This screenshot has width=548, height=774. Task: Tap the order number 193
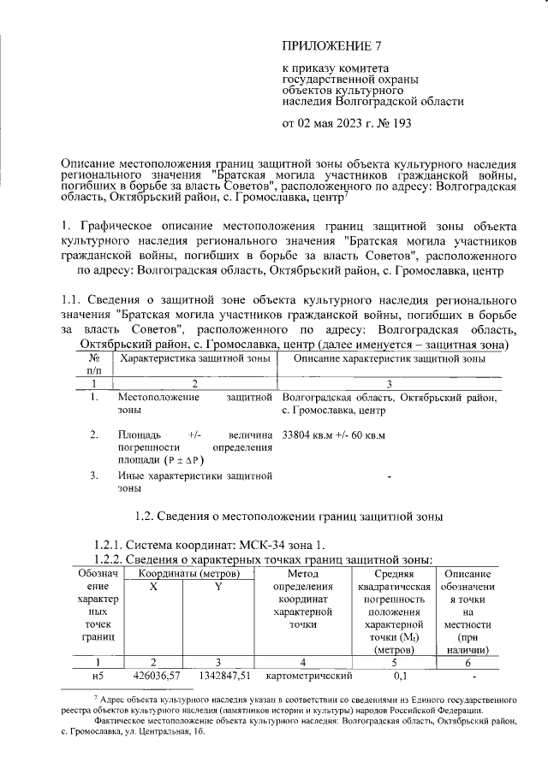click(400, 123)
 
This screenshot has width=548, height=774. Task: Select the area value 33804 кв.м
click(307, 435)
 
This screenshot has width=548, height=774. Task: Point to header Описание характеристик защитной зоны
click(390, 359)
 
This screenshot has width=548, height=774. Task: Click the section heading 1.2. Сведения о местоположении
click(289, 516)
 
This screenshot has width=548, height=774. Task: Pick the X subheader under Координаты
click(154, 588)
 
